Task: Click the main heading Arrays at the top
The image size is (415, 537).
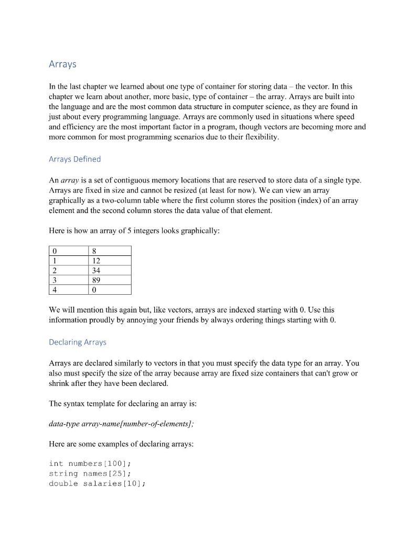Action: (62, 64)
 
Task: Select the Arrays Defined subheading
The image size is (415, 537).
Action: (75, 159)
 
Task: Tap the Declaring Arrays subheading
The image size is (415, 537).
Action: (77, 342)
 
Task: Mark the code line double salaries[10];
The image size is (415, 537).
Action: (97, 484)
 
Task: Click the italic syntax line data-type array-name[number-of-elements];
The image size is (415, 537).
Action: (121, 424)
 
